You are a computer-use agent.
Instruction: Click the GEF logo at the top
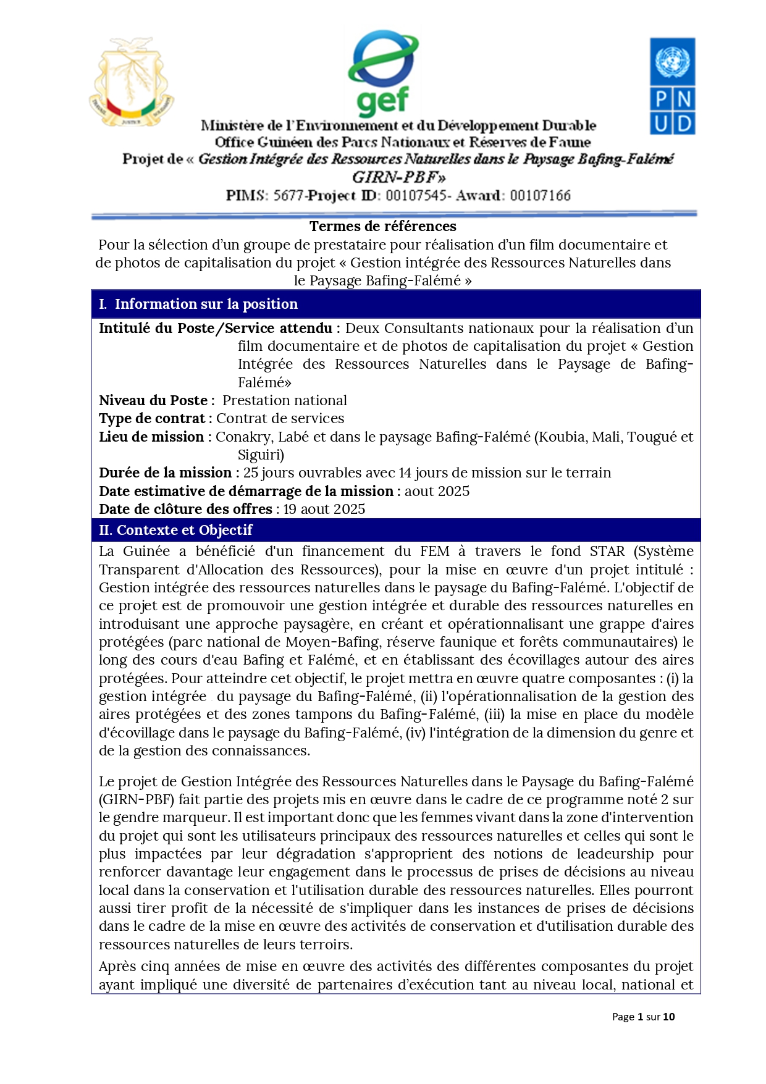point(383,73)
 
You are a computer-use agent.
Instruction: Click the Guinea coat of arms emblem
point(132,82)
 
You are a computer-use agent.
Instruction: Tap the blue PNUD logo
point(672,86)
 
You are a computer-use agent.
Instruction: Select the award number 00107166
point(540,196)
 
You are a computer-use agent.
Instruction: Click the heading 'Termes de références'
point(382,226)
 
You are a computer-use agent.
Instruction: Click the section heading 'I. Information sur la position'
point(198,304)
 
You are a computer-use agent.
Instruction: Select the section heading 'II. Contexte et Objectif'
point(176,530)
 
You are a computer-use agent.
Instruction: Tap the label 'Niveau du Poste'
point(153,400)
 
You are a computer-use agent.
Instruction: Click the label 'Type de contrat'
point(152,418)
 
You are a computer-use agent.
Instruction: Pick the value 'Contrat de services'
point(280,418)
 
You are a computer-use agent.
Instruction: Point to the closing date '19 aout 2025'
point(324,509)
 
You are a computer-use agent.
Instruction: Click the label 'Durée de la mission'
point(165,473)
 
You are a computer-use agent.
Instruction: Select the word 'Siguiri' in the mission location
point(259,455)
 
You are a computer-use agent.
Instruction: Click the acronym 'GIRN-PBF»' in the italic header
point(398,177)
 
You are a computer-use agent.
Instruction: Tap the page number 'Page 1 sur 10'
point(643,1017)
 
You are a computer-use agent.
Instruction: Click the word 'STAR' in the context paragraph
point(607,551)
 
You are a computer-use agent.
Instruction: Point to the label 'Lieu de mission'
point(151,437)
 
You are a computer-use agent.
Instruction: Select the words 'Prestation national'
point(285,400)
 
